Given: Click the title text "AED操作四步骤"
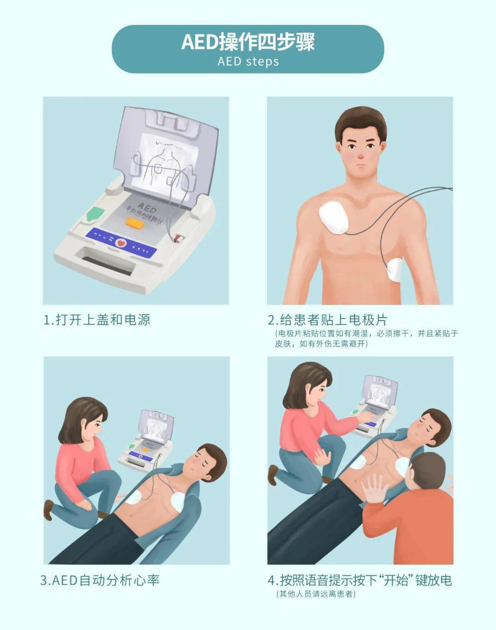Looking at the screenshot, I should [x=248, y=42].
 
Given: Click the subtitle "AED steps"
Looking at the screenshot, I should [x=248, y=62].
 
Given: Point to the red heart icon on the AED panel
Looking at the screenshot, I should [x=122, y=242].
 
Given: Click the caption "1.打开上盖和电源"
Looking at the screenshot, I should [x=97, y=320].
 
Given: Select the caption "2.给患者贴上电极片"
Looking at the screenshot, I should [x=328, y=320].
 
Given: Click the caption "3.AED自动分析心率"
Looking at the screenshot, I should [x=100, y=580].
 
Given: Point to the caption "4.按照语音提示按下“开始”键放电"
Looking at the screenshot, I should [x=360, y=580].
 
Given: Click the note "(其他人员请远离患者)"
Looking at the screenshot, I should [x=316, y=594].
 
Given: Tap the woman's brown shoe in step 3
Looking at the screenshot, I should [x=48, y=509].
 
